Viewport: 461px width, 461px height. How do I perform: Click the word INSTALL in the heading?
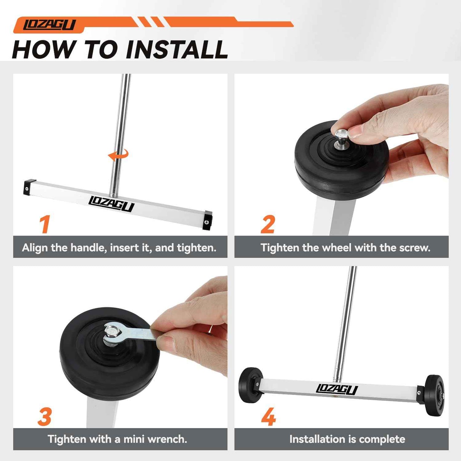(177, 49)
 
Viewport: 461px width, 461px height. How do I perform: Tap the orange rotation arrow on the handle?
(118, 155)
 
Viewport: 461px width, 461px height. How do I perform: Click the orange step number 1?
(45, 224)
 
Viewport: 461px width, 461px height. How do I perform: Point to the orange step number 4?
(268, 417)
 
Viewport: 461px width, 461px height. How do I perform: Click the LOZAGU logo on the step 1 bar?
(111, 203)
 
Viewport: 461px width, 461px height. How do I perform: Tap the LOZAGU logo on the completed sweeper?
(337, 389)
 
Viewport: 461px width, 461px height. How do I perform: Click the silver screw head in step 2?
(341, 135)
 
